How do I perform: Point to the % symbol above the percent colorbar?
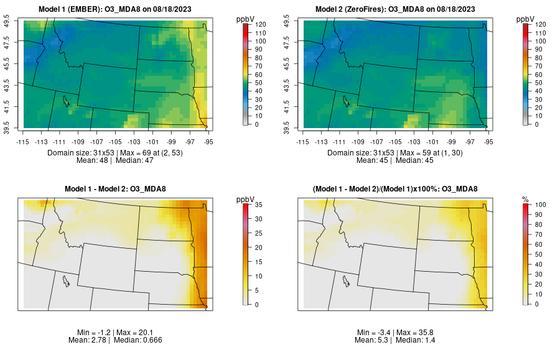click(x=525, y=199)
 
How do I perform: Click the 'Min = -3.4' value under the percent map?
click(x=375, y=333)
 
